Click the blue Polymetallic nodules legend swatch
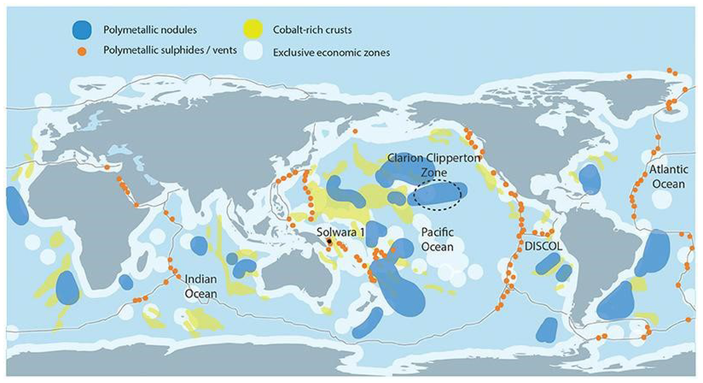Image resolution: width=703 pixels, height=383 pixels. [x=82, y=30]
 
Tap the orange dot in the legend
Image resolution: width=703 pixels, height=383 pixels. [x=82, y=51]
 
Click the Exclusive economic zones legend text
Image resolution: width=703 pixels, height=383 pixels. [x=331, y=52]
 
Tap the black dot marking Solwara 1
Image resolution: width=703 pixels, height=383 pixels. [x=330, y=241]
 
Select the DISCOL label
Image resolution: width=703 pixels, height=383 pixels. [x=543, y=247]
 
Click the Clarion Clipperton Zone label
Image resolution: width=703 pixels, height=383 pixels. [x=434, y=165]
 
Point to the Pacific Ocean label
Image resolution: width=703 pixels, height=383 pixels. [x=437, y=239]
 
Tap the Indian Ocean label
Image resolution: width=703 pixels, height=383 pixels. [x=201, y=286]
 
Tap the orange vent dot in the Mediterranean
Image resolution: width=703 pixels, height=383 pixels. [x=107, y=167]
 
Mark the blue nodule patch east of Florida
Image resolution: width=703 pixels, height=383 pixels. [x=589, y=179]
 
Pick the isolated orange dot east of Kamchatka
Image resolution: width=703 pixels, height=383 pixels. [x=355, y=132]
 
